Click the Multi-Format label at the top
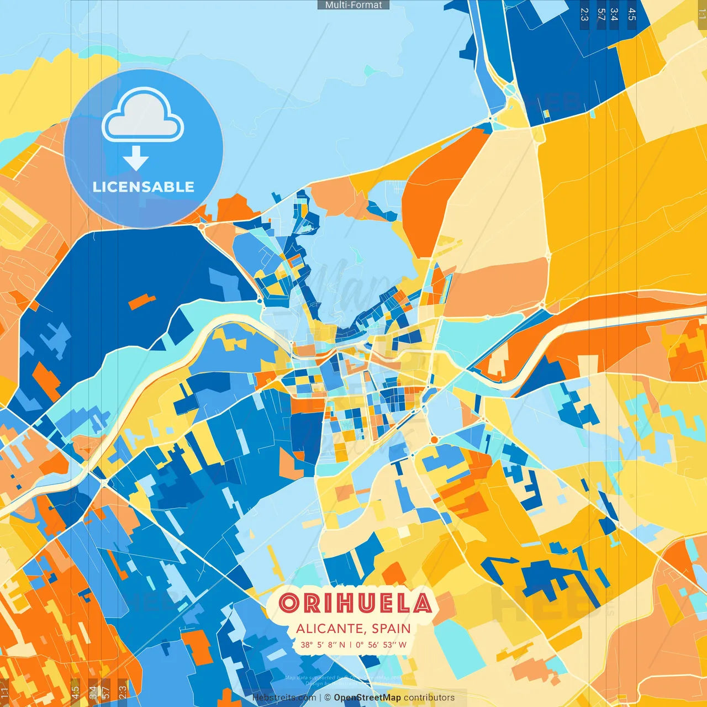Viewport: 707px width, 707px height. coord(353,5)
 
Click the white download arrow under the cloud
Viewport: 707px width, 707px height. coord(136,159)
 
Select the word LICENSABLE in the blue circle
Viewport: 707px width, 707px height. coord(144,187)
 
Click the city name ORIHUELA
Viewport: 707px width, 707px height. coord(355,603)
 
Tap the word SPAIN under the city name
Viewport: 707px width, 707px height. coord(391,629)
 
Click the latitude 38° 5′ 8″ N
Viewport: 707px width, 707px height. coord(323,645)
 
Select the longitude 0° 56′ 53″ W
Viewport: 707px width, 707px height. coord(381,645)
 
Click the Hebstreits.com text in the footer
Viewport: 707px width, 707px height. coord(284,698)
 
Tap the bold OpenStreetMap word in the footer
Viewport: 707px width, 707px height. coord(367,698)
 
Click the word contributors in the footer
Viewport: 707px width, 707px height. coord(429,698)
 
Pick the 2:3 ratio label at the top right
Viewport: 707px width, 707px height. coord(584,14)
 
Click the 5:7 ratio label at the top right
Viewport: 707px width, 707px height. coord(601,14)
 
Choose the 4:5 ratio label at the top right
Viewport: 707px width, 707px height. coord(632,14)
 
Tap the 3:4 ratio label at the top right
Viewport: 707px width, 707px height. coord(614,14)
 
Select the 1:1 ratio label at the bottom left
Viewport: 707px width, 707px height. coord(4,693)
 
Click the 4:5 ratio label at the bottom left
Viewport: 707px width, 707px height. coord(76,693)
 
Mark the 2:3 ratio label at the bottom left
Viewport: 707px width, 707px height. coord(123,693)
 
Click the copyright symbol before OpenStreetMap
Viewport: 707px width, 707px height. coord(328,698)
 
